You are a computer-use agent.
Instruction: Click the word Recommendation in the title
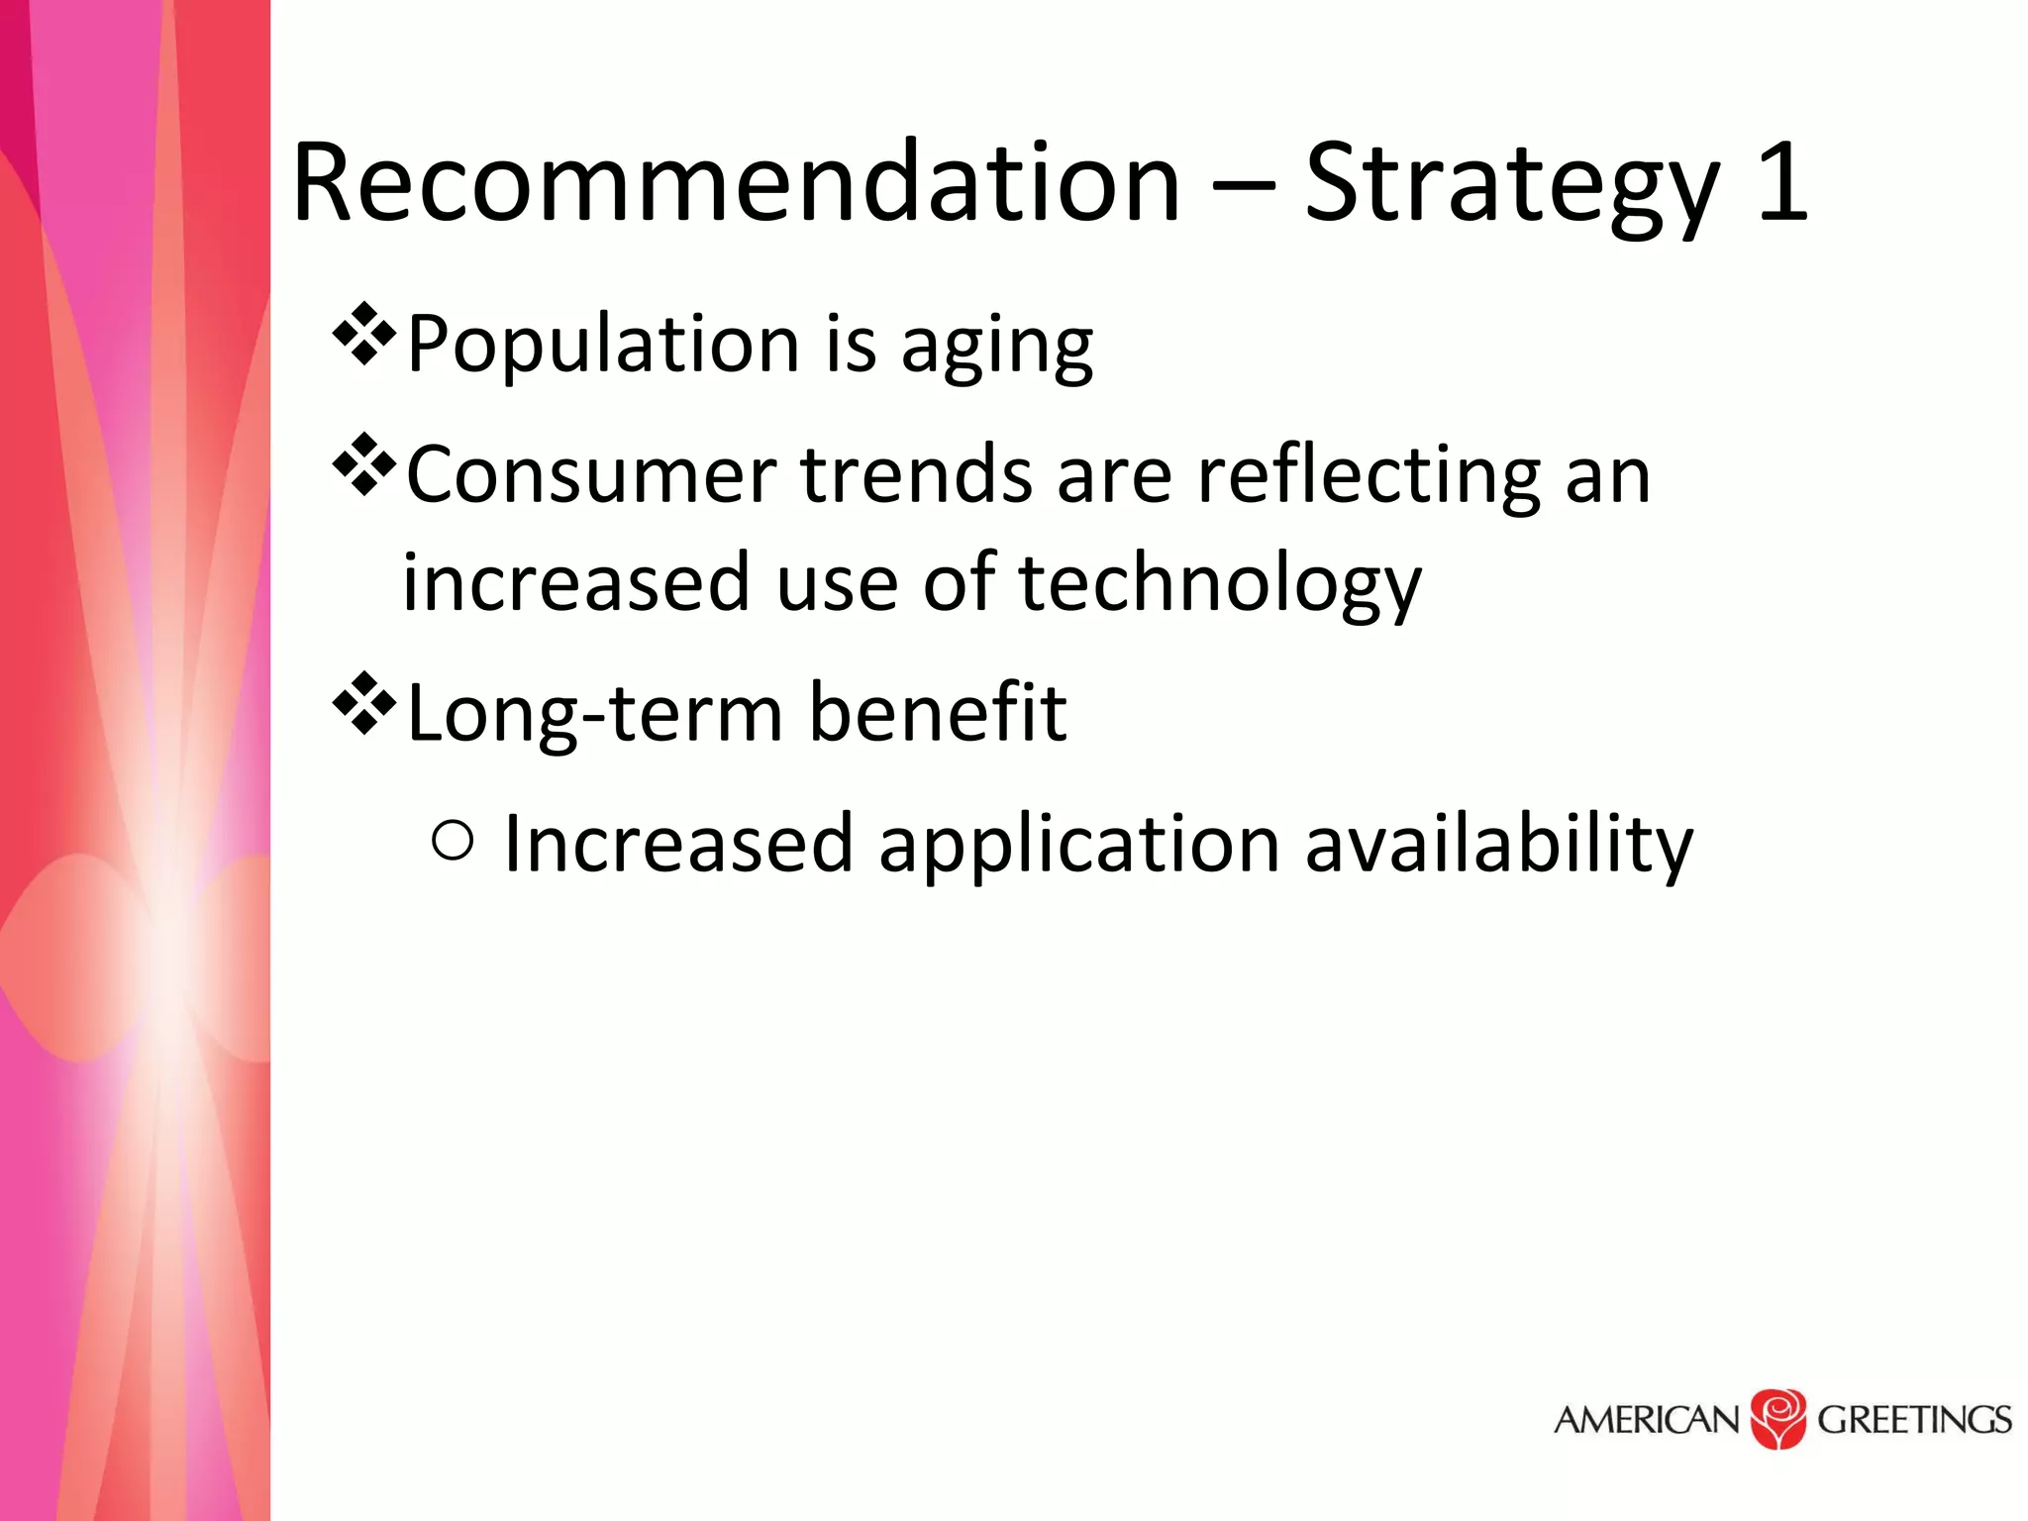click(x=737, y=182)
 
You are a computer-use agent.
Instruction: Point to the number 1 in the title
click(x=1782, y=182)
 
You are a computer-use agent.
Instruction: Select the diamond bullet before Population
click(x=363, y=334)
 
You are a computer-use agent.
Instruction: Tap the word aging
click(x=996, y=349)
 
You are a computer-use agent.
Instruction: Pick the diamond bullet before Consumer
click(x=363, y=464)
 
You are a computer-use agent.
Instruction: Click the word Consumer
click(x=591, y=475)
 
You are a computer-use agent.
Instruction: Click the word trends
click(x=916, y=475)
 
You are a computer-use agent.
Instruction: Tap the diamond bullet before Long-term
click(x=363, y=703)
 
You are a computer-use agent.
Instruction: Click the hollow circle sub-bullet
click(x=454, y=842)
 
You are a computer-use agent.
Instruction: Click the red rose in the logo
click(x=1778, y=1418)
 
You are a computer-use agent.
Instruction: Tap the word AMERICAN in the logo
click(x=1646, y=1420)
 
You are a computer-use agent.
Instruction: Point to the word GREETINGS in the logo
click(x=1913, y=1420)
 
